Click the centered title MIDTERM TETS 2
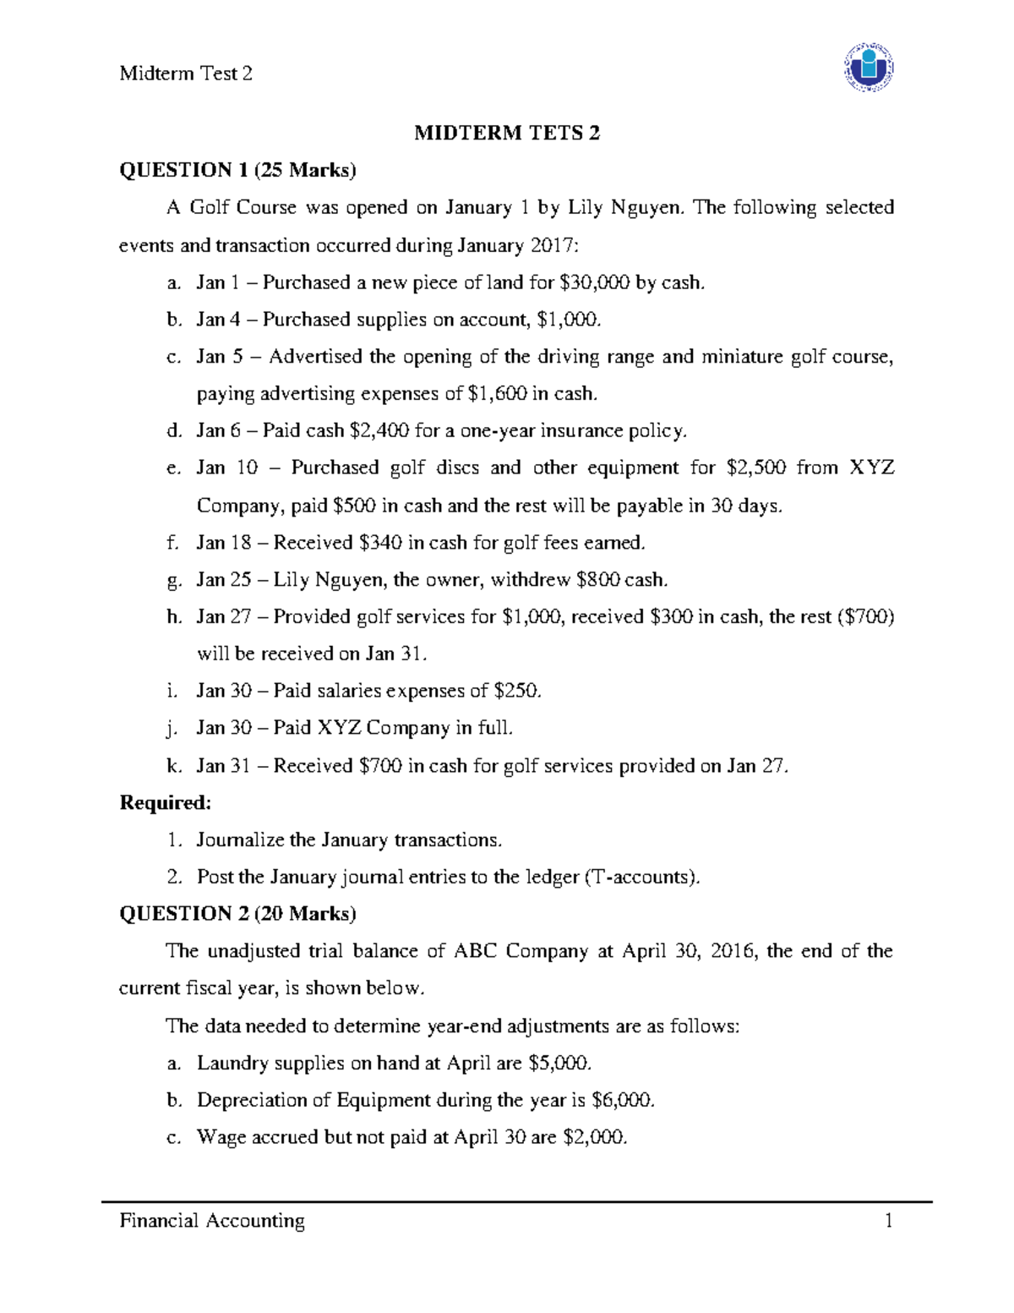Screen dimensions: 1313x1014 coord(506,133)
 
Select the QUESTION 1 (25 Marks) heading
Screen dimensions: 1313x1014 coord(237,170)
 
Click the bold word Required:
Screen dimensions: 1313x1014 coord(165,802)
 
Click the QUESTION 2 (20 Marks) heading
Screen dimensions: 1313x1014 coord(237,914)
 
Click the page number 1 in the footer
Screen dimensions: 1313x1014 coord(888,1220)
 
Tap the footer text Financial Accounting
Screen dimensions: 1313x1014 coord(212,1220)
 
